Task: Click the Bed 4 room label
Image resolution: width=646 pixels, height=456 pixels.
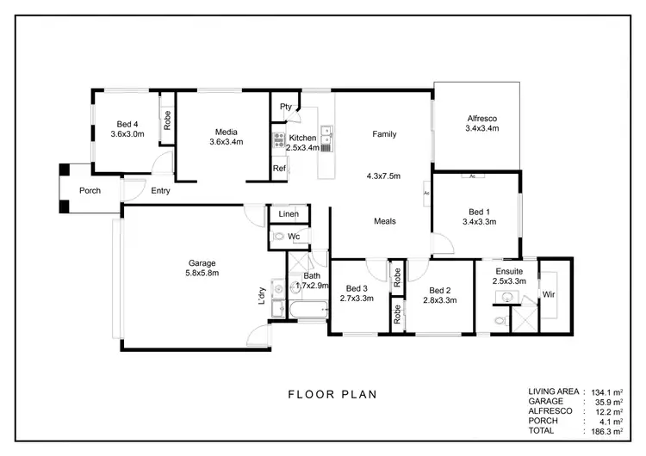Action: coord(127,123)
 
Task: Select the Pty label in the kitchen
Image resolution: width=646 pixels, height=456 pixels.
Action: coord(285,107)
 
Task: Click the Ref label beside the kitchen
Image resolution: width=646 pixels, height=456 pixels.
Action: coord(279,169)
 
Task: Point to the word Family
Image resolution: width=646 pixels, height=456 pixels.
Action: coord(384,134)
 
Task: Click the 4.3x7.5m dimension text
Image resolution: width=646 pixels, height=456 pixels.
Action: coord(384,176)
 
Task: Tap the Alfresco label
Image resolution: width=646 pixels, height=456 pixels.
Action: coord(482,118)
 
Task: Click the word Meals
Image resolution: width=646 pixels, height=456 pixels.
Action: coord(384,221)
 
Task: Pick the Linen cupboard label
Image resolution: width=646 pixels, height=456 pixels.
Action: coord(288,213)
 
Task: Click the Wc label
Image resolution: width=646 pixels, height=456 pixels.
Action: coord(293,236)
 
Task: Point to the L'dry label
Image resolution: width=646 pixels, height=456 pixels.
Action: coord(261,296)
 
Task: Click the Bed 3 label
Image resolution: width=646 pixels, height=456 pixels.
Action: coord(357,289)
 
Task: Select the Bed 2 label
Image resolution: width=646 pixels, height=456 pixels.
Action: coord(439,290)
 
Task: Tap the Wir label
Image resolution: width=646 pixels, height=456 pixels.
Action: coord(548,294)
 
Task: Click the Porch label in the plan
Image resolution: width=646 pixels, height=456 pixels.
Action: coord(90,191)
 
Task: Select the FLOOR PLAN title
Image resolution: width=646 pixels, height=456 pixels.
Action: coord(332,395)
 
